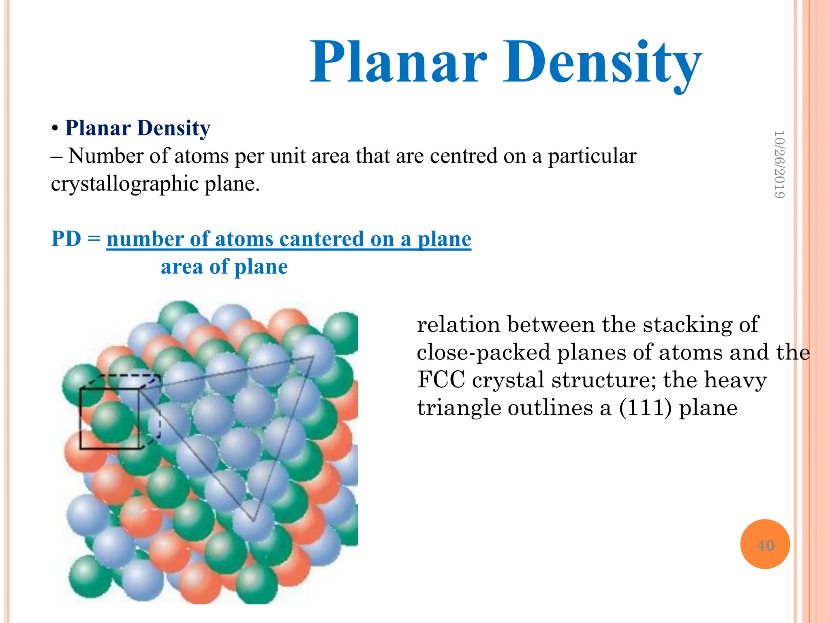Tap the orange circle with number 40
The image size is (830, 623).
(765, 544)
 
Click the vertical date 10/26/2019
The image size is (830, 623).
(779, 164)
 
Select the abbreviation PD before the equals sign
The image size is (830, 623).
(66, 238)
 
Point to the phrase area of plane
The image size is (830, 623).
(224, 267)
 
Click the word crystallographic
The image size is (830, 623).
(124, 184)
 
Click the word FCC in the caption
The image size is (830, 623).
(441, 380)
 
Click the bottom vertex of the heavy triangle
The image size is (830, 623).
(254, 521)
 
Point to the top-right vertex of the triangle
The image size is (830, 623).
(313, 357)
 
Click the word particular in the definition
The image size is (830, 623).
(592, 156)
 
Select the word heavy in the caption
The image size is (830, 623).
(735, 380)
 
